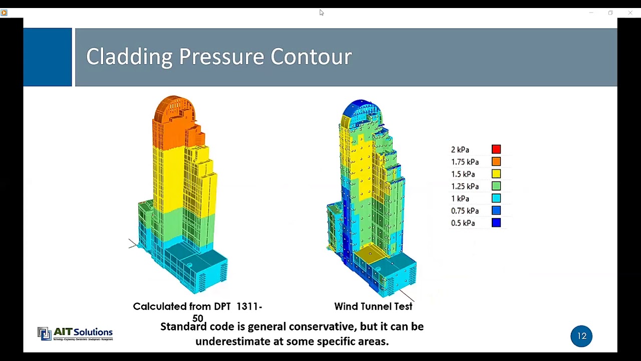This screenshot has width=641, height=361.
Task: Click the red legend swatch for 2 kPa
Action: [x=496, y=149]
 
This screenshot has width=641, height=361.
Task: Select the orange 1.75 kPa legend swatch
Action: [x=496, y=161]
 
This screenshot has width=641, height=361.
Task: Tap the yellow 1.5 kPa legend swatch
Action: [x=496, y=174]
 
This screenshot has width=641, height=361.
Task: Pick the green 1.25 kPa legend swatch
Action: [x=496, y=186]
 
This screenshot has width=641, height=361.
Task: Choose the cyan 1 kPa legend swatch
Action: [x=496, y=199]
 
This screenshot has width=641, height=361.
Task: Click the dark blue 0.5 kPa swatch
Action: [x=496, y=223]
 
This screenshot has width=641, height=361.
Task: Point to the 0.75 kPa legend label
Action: [x=465, y=211]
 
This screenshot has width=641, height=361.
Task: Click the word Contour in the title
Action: [x=311, y=57]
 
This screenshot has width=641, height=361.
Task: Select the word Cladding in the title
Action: [x=129, y=57]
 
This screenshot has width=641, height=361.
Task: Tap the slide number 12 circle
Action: [x=581, y=336]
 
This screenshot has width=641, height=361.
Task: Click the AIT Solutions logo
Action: [x=75, y=333]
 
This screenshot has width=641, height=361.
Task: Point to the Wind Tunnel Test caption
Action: [x=373, y=306]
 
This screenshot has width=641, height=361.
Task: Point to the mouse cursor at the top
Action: [x=321, y=13]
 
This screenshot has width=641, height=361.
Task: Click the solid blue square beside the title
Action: [x=48, y=57]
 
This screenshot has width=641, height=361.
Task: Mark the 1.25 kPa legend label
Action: [x=465, y=187]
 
